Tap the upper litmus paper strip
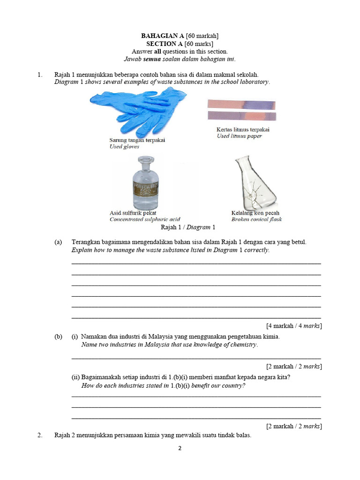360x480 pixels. pyautogui.click(x=241, y=105)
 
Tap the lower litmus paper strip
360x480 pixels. pyautogui.click(x=241, y=116)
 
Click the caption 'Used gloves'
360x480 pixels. pyautogui.click(x=124, y=147)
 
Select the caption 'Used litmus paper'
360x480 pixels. pyautogui.click(x=239, y=136)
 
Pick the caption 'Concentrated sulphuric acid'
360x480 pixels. pyautogui.click(x=145, y=219)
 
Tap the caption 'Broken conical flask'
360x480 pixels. pyautogui.click(x=256, y=219)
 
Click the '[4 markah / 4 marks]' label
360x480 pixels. pyautogui.click(x=293, y=326)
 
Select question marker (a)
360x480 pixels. pyautogui.click(x=58, y=242)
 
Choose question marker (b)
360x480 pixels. pyautogui.click(x=58, y=337)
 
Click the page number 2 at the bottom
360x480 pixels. pyautogui.click(x=180, y=448)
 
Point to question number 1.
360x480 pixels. pyautogui.click(x=40, y=75)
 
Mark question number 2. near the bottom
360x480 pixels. pyautogui.click(x=40, y=435)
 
